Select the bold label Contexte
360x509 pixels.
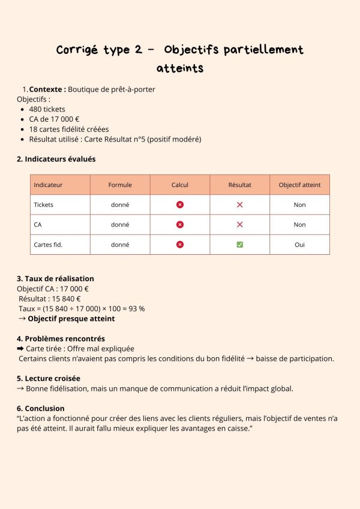click(x=47, y=89)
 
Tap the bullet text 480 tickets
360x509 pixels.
click(x=47, y=109)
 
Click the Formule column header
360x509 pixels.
click(x=120, y=185)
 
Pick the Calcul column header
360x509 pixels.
click(x=180, y=185)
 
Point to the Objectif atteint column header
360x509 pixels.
click(x=299, y=185)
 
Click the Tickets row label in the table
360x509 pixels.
click(x=44, y=204)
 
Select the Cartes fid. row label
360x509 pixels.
click(x=48, y=245)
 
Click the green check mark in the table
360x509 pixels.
click(x=240, y=245)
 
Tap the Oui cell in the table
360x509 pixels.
click(x=299, y=245)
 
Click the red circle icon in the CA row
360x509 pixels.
click(x=180, y=224)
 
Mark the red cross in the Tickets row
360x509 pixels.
click(x=240, y=204)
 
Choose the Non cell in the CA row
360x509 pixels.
click(x=299, y=224)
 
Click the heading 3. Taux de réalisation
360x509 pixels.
click(x=55, y=278)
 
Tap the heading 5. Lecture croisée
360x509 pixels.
click(x=49, y=378)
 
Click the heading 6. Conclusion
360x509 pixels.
click(x=41, y=408)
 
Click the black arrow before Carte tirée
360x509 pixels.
click(x=20, y=348)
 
